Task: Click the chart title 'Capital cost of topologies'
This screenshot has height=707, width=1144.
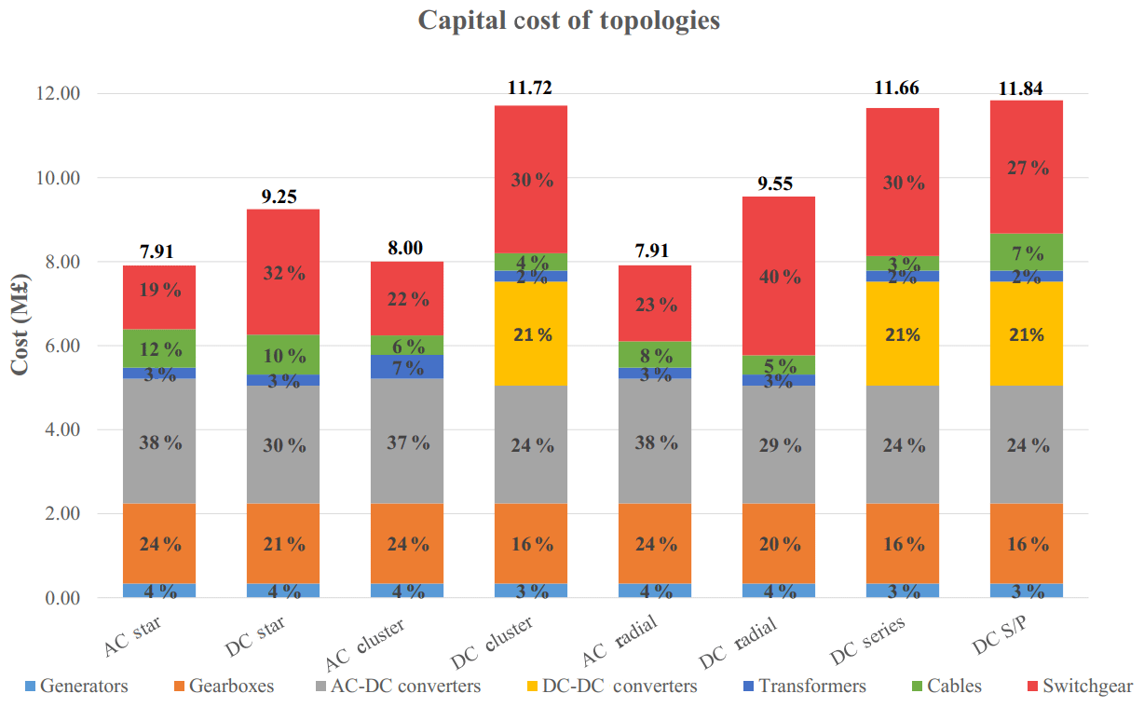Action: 568,20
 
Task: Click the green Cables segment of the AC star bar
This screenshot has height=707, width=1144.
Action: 160,348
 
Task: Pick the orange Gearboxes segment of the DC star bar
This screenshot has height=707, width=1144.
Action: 284,543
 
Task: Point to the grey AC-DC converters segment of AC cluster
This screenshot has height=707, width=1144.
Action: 408,441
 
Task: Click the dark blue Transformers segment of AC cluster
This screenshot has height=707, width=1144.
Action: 408,366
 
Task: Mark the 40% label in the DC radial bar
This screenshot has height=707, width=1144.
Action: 780,277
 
